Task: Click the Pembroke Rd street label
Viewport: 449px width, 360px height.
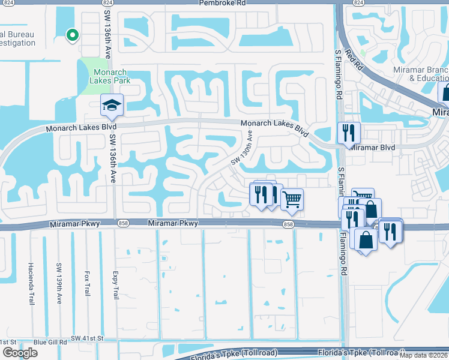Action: pyautogui.click(x=224, y=3)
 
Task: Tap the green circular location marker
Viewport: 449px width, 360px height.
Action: pyautogui.click(x=72, y=35)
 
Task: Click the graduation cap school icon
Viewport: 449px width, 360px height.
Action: pyautogui.click(x=111, y=106)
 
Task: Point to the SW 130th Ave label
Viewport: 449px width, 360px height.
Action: pyautogui.click(x=243, y=151)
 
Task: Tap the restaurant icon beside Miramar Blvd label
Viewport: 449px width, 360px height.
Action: pyautogui.click(x=349, y=133)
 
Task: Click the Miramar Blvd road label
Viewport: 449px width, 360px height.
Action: pyautogui.click(x=372, y=147)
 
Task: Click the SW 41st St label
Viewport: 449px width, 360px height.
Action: pyautogui.click(x=87, y=338)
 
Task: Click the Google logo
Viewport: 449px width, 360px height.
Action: pyautogui.click(x=20, y=353)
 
